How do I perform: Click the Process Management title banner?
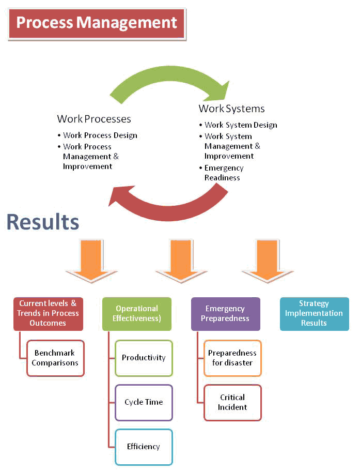click(97, 24)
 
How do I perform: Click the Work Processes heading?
click(94, 119)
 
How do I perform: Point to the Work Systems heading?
click(231, 109)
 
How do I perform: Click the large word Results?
click(43, 222)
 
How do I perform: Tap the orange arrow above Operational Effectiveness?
click(181, 261)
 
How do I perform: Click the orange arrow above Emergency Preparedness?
click(267, 261)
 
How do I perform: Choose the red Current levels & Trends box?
click(48, 314)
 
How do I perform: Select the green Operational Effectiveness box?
click(137, 314)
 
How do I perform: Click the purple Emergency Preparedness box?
click(226, 314)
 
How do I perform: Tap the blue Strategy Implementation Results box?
click(314, 314)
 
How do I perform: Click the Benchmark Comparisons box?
click(55, 358)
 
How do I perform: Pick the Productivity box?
click(144, 358)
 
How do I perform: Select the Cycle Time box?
click(144, 402)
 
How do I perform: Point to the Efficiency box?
click(144, 447)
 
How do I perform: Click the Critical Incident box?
click(232, 402)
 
